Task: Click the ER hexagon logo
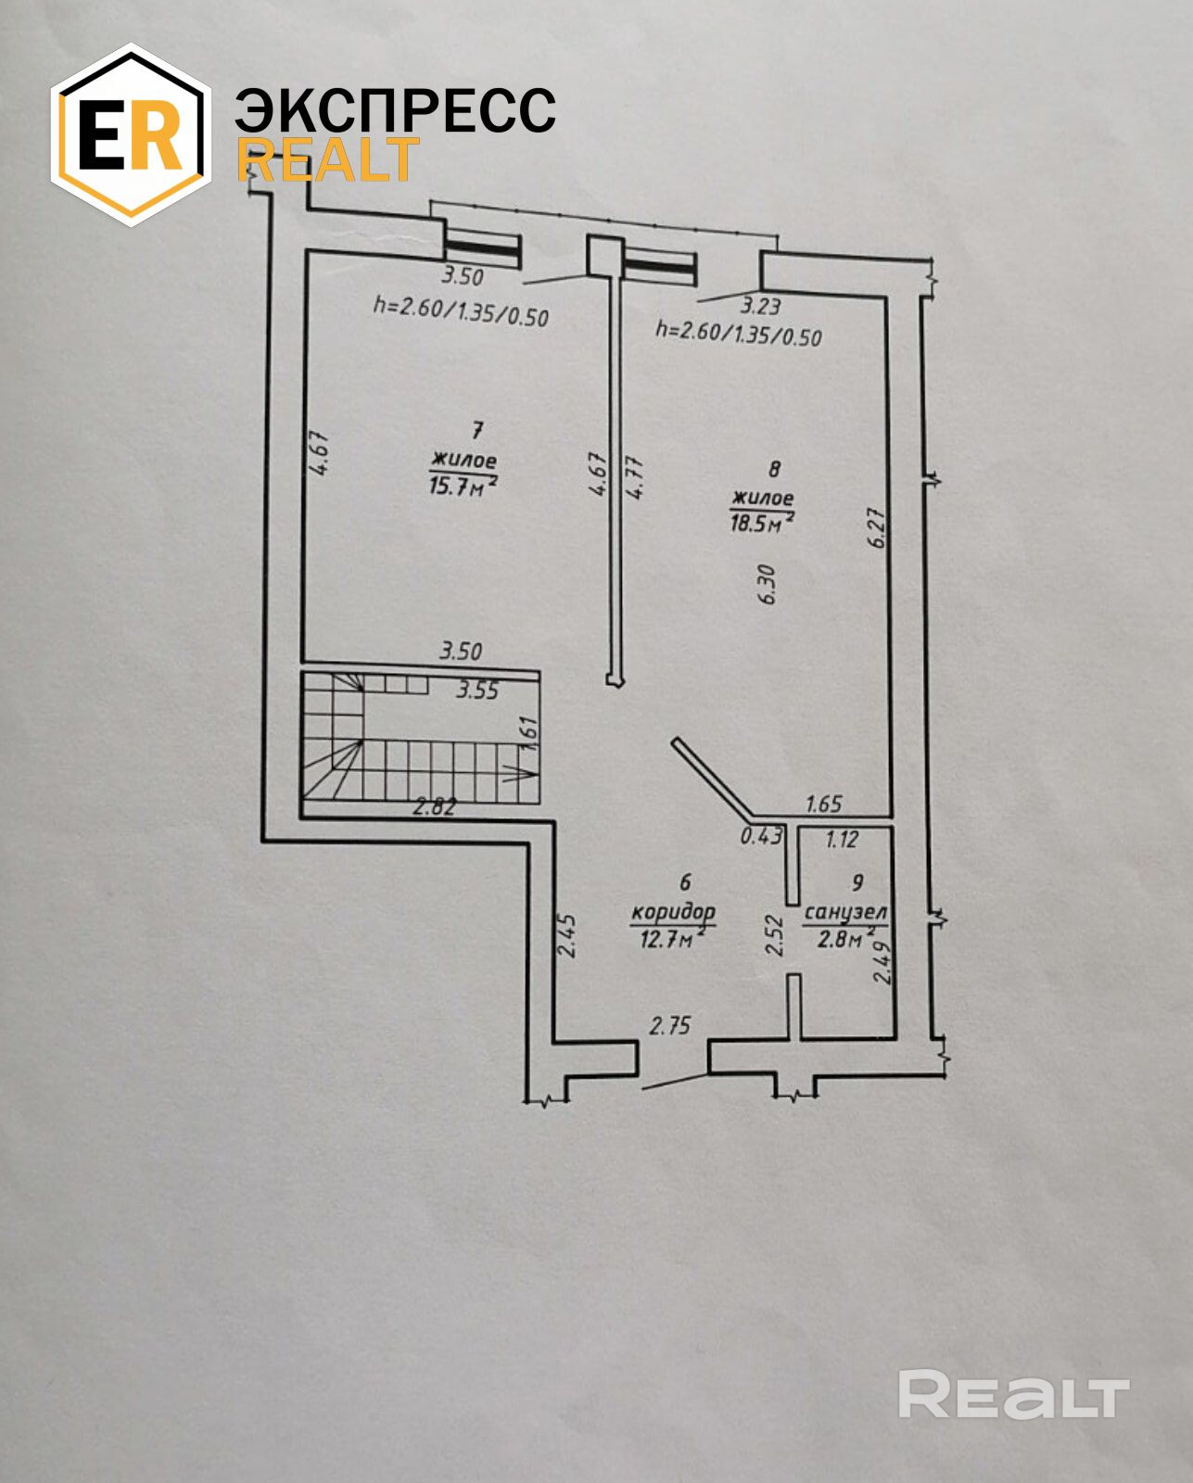click(x=130, y=135)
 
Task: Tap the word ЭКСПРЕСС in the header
click(x=395, y=111)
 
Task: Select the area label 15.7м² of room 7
click(x=462, y=486)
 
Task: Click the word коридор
click(x=672, y=912)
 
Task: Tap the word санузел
click(x=845, y=913)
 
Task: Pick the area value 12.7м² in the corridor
click(x=672, y=939)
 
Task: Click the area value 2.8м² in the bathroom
click(x=844, y=939)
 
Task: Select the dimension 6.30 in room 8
click(x=766, y=585)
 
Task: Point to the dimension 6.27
click(x=877, y=526)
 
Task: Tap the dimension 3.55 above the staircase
click(x=477, y=691)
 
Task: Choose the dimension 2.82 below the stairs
click(x=434, y=806)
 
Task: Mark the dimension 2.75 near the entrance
click(x=670, y=1025)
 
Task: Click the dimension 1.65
click(x=823, y=805)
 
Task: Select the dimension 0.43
click(x=760, y=836)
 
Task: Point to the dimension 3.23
click(x=759, y=305)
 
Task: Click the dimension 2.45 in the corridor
click(x=568, y=936)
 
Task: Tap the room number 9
click(x=857, y=883)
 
